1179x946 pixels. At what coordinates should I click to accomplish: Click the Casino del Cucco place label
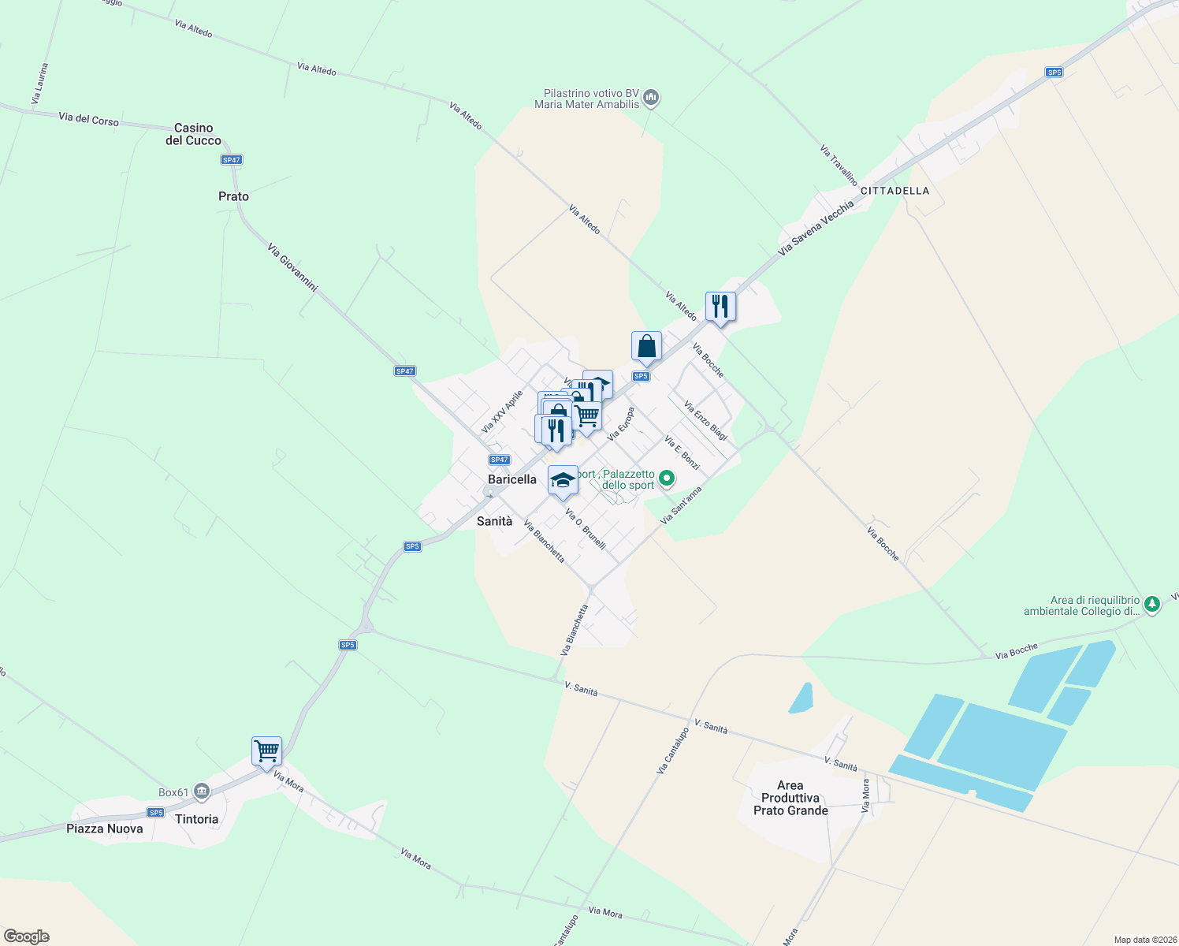193,134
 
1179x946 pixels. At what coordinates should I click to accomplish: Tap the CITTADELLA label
894,191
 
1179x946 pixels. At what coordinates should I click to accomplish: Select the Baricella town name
512,479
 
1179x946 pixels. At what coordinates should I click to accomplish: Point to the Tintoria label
197,819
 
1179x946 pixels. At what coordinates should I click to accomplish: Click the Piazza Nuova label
105,829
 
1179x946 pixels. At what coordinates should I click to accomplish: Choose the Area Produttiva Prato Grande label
790,798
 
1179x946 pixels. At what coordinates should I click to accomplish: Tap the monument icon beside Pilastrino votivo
651,98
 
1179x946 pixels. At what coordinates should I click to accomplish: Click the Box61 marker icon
202,791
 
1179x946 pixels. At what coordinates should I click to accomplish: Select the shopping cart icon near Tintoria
266,751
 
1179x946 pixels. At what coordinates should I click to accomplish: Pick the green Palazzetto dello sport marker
667,478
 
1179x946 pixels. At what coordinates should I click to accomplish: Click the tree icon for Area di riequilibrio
1152,605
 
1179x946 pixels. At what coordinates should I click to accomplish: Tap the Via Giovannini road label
292,268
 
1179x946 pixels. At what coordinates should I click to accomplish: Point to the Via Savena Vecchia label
816,228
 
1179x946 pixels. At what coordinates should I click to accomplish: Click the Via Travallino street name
839,165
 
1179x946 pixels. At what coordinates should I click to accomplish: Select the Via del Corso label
88,119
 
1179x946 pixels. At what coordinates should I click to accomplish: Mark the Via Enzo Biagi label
705,420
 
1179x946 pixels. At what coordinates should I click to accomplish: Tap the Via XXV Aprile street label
502,412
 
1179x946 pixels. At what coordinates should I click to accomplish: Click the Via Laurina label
40,84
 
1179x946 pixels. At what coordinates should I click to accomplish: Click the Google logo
27,937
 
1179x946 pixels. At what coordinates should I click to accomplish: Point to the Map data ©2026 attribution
1144,940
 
